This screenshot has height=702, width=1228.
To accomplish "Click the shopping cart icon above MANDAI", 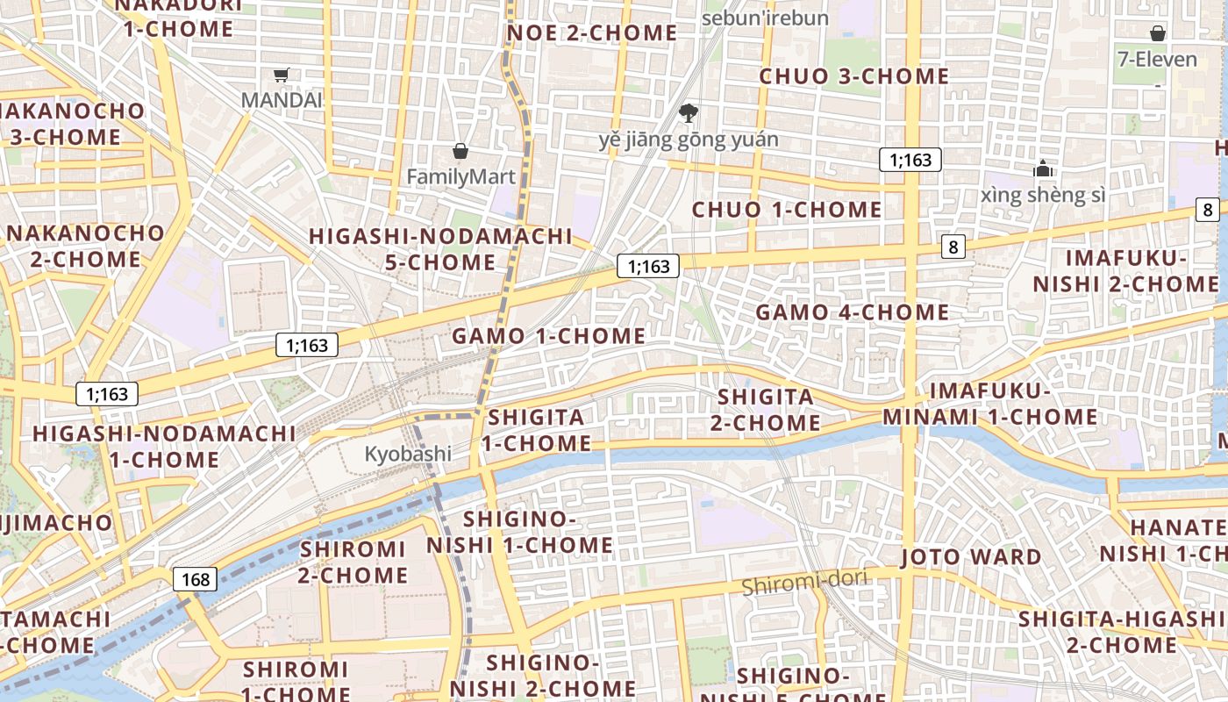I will [281, 75].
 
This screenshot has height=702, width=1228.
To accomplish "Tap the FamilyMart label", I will [460, 177].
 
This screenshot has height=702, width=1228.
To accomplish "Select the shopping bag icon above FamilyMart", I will [460, 151].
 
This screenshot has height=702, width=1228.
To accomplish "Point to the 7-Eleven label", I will [1158, 60].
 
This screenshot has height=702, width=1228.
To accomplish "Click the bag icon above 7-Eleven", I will [1158, 34].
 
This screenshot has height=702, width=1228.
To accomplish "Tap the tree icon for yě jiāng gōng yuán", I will [689, 112].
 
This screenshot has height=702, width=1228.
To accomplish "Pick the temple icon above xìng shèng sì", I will [1043, 168].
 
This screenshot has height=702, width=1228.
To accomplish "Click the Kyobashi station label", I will [408, 454].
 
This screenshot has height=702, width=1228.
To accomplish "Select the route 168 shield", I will [196, 579].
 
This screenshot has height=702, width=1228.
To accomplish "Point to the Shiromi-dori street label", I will [804, 582].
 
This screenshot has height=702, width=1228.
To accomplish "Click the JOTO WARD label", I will [971, 556].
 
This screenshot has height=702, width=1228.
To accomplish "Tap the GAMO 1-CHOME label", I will [548, 336].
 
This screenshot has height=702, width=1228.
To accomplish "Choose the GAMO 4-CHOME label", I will [852, 312].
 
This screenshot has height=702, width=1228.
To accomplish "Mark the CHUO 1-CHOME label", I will [787, 210].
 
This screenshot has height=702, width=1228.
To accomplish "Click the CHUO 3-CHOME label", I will [853, 76].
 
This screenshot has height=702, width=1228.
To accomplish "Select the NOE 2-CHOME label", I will [592, 33].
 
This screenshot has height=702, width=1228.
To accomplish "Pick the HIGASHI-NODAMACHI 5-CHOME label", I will [440, 249].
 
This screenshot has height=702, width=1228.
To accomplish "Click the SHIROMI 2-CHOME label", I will [353, 562].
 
